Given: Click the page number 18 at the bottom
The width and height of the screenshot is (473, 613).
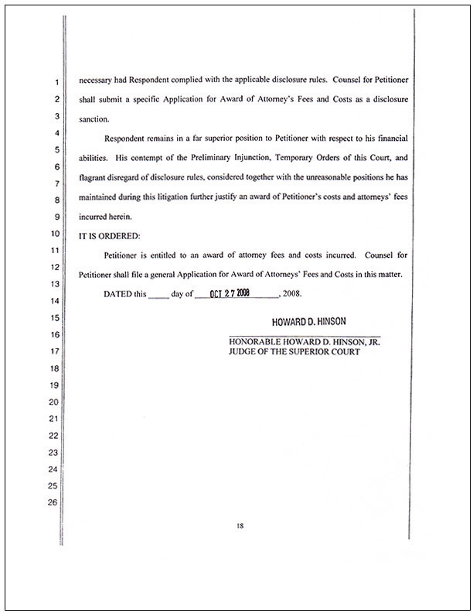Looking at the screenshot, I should (240, 526).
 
